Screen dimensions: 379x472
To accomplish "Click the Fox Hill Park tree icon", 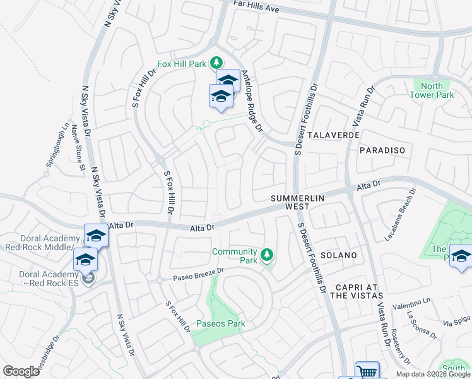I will (x=216, y=62).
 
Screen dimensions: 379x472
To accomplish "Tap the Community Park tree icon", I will (x=267, y=255).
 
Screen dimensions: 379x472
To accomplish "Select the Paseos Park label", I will (x=220, y=324).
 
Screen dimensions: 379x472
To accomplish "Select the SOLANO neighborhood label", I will (x=339, y=255).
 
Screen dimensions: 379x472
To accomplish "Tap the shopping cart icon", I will (x=366, y=371).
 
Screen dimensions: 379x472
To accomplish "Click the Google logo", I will (x=21, y=371).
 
